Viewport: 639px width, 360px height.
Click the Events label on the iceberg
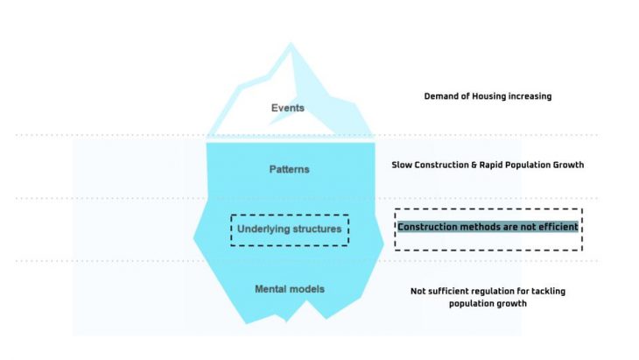[287, 109]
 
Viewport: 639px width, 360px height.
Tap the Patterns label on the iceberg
[289, 168]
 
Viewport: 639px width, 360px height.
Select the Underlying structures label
[290, 230]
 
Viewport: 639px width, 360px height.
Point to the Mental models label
[289, 289]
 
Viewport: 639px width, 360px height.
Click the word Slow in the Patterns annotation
[403, 165]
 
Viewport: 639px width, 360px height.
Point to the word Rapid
[490, 165]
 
